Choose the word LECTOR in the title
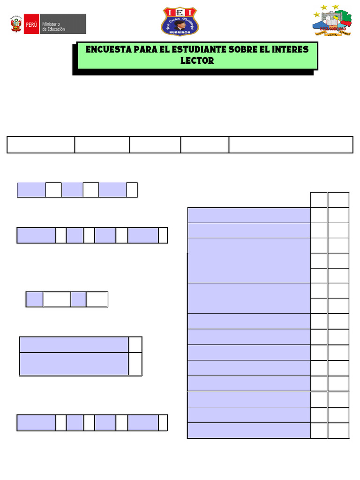tap(197, 61)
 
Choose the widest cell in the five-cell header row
tap(291, 145)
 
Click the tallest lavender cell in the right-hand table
tap(248, 260)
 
